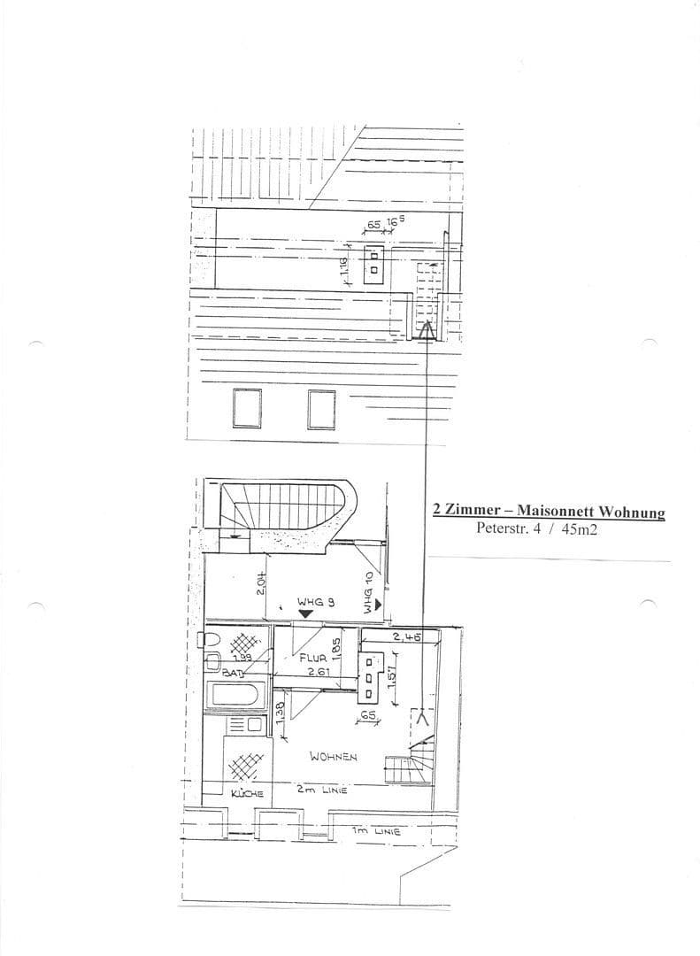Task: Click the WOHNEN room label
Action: point(333,757)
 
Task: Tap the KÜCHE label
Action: point(247,794)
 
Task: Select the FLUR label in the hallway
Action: point(313,659)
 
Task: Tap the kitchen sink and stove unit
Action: point(243,726)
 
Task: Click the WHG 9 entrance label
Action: point(315,601)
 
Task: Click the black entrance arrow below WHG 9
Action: point(306,613)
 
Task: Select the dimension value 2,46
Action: point(407,636)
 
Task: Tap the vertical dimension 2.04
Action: point(261,583)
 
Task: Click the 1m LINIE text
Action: point(375,831)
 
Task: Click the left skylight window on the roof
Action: point(247,408)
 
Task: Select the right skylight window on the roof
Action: point(321,408)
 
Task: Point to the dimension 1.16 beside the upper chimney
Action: point(345,266)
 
